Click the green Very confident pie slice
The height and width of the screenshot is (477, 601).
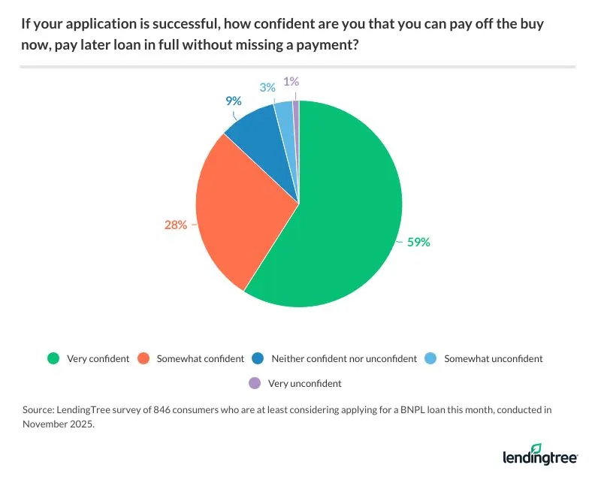338,218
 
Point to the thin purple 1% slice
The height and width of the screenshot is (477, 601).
296,109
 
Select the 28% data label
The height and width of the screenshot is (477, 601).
177,224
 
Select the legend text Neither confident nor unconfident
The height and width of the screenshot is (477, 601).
344,358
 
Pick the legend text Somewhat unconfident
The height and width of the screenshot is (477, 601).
494,358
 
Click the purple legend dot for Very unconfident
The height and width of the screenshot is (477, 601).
253,383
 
